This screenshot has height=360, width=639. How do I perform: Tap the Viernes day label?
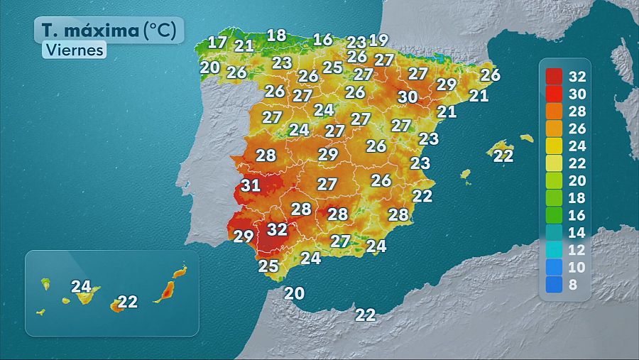pyautogui.click(x=74, y=50)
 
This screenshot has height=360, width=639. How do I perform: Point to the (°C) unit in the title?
pyautogui.click(x=164, y=31)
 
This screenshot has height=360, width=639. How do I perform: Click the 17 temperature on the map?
pyautogui.click(x=217, y=42)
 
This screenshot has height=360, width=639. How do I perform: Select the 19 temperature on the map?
pyautogui.click(x=378, y=40)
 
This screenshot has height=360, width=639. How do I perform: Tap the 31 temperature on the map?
pyautogui.click(x=250, y=186)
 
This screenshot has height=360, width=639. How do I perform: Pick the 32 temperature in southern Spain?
pyautogui.click(x=277, y=229)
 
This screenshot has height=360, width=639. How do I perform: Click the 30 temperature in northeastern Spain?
pyautogui.click(x=408, y=97)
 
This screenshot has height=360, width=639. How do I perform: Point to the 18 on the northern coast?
pyautogui.click(x=276, y=35)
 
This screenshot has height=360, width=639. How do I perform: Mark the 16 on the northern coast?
pyautogui.click(x=323, y=39)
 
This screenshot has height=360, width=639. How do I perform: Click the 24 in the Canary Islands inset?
pyautogui.click(x=82, y=287)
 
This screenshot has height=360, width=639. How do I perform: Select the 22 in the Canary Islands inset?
pyautogui.click(x=127, y=302)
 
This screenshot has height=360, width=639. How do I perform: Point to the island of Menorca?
pyautogui.click(x=526, y=138)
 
